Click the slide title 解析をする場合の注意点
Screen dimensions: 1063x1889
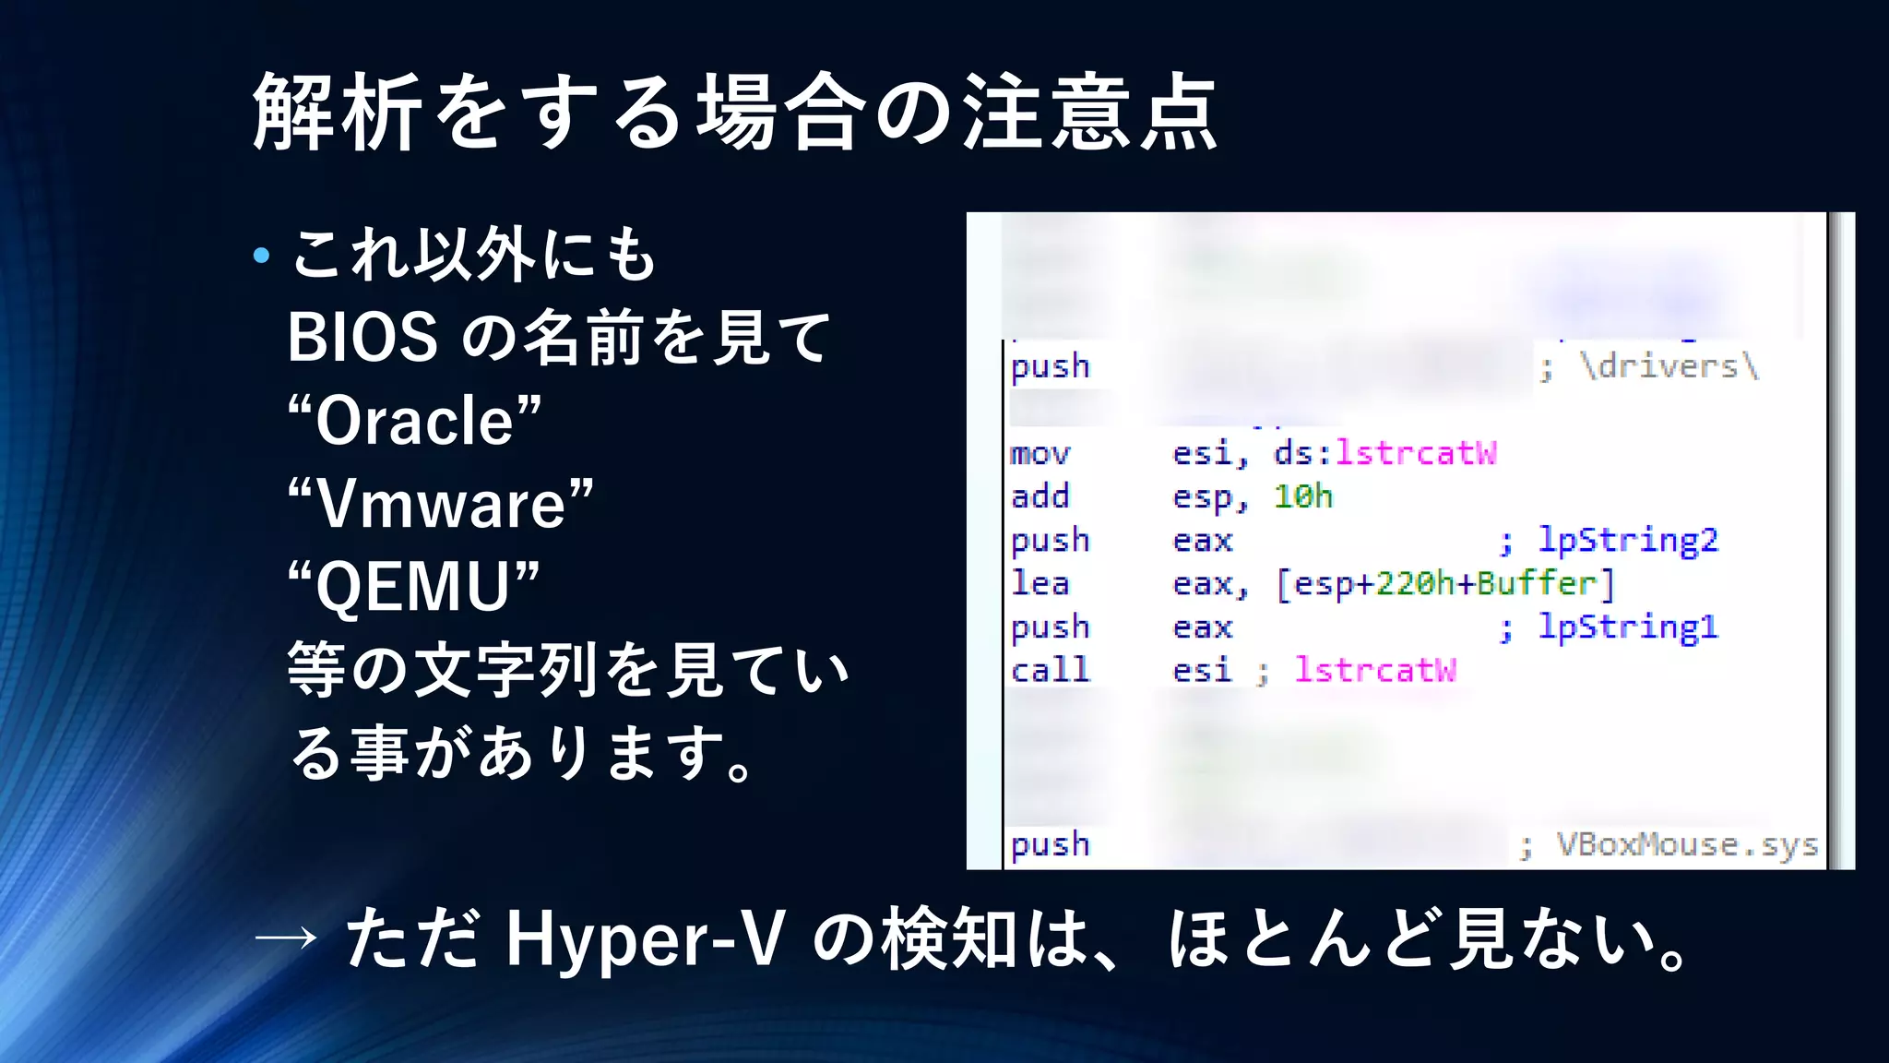[x=735, y=113]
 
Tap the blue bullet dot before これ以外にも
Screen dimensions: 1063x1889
[x=262, y=256]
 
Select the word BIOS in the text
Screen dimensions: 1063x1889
[x=362, y=338]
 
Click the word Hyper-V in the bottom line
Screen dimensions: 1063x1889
[x=645, y=939]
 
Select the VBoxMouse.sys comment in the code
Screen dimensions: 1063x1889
[x=1686, y=845]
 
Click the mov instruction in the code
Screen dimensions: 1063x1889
[x=1040, y=454]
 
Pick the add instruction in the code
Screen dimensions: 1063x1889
[x=1040, y=496]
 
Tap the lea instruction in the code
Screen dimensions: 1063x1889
[x=1040, y=583]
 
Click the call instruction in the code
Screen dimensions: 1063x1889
[x=1050, y=670]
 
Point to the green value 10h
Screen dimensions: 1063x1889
[x=1302, y=496]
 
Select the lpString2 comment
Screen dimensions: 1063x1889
[x=1627, y=540]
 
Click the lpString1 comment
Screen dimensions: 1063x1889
[x=1627, y=627]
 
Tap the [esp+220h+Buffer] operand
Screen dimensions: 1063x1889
[x=1445, y=584]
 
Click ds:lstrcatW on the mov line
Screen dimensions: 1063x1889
[x=1384, y=453]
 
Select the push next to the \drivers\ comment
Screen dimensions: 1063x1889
[x=1050, y=367]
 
